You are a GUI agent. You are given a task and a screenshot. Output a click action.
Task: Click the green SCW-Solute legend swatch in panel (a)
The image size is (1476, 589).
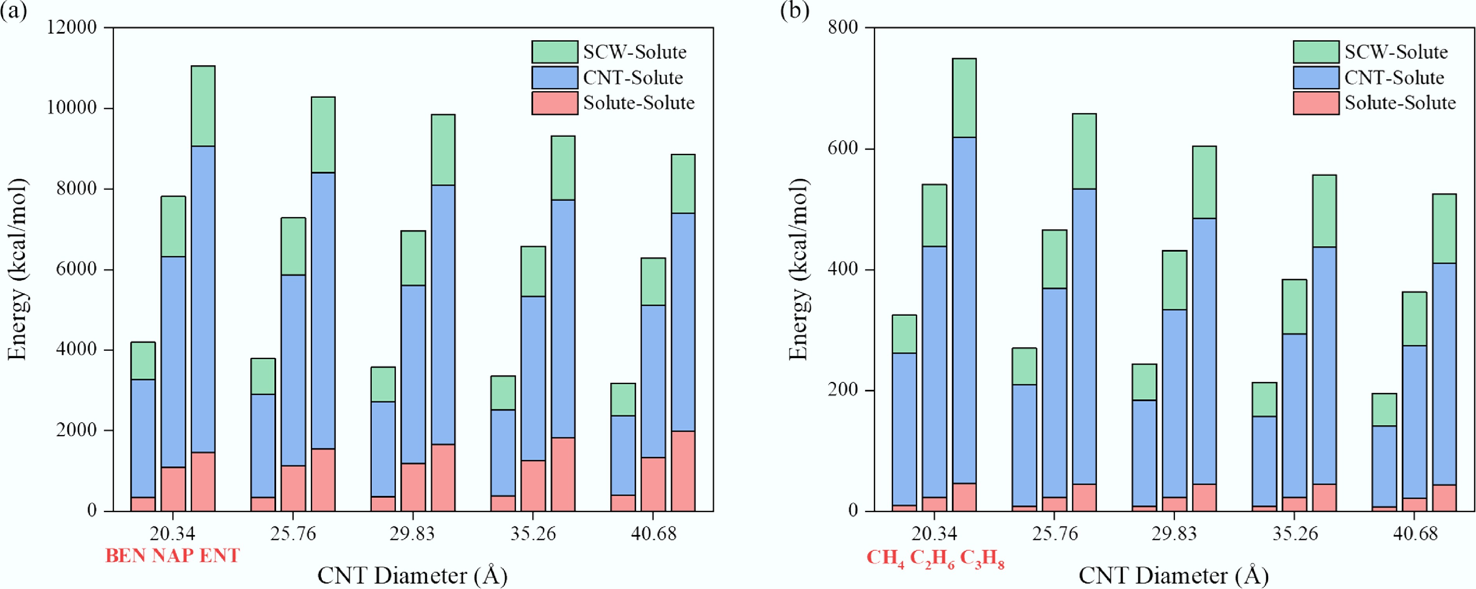pos(554,52)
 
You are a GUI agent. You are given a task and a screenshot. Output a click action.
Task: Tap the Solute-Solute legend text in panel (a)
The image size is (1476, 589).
pos(638,103)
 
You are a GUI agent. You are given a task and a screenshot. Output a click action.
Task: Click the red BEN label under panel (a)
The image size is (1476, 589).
pos(125,555)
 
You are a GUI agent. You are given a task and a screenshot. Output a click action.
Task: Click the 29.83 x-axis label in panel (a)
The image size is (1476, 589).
pos(412,534)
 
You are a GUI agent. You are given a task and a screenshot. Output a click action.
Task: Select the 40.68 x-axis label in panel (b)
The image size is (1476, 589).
pos(1415,534)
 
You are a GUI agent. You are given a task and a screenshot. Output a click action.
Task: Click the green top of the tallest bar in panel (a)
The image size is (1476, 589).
pos(203,106)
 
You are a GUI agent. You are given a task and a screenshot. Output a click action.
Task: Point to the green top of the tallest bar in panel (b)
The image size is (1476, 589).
pos(964,97)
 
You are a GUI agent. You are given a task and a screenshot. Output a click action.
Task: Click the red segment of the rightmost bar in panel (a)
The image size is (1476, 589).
pos(683,471)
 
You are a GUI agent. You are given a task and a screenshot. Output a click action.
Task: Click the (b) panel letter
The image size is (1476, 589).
pos(794,10)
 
